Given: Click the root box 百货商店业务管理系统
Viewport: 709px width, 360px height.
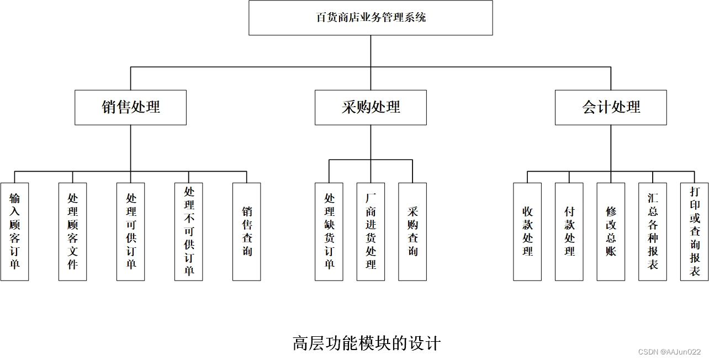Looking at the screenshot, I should click(371, 18).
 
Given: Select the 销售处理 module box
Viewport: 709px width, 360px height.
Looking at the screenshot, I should click(130, 107).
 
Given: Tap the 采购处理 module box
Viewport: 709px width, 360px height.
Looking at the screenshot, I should click(371, 107).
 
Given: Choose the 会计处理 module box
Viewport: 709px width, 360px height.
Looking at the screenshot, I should click(611, 107).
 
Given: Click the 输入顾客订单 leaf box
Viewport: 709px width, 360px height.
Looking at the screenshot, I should click(14, 232).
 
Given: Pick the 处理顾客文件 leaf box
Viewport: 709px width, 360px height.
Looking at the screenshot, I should click(72, 232).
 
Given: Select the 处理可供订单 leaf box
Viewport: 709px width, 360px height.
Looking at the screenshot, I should click(130, 232).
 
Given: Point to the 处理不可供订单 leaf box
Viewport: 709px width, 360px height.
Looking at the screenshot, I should click(188, 232).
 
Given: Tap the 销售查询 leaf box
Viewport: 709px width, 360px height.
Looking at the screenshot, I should click(246, 232).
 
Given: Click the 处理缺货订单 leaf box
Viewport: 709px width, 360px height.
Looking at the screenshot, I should click(329, 232).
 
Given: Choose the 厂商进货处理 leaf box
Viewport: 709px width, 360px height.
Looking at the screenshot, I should click(371, 232).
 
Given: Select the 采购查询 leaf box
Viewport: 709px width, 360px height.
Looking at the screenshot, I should click(412, 232).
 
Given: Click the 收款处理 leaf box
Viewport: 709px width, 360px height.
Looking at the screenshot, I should click(527, 232).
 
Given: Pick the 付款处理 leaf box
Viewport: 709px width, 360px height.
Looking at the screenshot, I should click(569, 232).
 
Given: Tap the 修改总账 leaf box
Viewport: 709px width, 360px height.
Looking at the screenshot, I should click(611, 232).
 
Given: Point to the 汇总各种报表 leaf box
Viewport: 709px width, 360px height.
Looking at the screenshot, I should click(653, 232).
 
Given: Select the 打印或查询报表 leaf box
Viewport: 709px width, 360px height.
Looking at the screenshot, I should click(694, 232).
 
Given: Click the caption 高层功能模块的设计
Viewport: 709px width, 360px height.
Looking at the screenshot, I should click(367, 343).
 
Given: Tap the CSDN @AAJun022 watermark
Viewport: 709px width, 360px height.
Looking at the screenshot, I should click(669, 352).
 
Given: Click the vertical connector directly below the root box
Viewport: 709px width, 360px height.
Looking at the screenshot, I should click(371, 51).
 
